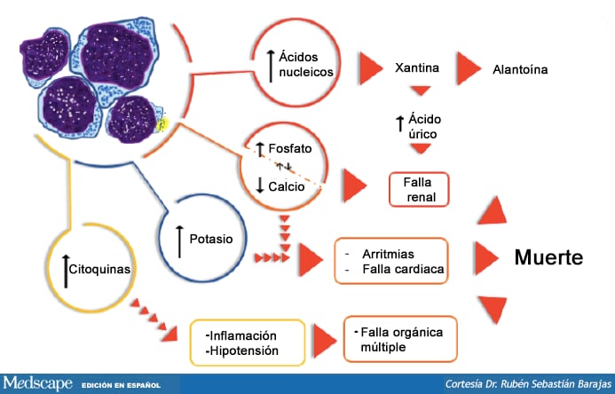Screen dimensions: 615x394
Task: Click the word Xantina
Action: click(417, 67)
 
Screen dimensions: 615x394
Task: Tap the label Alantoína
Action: click(520, 70)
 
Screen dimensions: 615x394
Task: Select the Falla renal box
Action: click(419, 189)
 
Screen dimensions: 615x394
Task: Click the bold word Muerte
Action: click(548, 257)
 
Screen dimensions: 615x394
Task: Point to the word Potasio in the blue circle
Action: click(211, 239)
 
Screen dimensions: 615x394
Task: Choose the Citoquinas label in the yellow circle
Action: click(99, 270)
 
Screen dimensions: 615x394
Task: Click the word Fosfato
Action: click(290, 148)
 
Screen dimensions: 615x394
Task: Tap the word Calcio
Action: click(287, 186)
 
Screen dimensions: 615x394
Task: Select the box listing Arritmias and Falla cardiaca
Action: click(391, 261)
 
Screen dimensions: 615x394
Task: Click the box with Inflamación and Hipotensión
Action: click(248, 343)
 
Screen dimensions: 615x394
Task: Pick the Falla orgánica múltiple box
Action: click(400, 339)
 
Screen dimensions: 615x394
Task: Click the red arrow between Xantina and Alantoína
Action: click(469, 68)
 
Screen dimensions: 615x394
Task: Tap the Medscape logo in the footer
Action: click(37, 383)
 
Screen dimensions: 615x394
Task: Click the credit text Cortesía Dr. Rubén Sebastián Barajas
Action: click(528, 383)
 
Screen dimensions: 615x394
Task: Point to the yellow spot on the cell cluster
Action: click(162, 124)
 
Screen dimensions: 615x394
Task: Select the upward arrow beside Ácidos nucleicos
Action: click(271, 67)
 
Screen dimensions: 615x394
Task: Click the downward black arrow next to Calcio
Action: click(260, 185)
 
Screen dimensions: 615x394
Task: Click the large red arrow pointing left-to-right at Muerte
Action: click(486, 258)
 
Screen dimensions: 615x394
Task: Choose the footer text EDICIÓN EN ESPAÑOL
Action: click(121, 385)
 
